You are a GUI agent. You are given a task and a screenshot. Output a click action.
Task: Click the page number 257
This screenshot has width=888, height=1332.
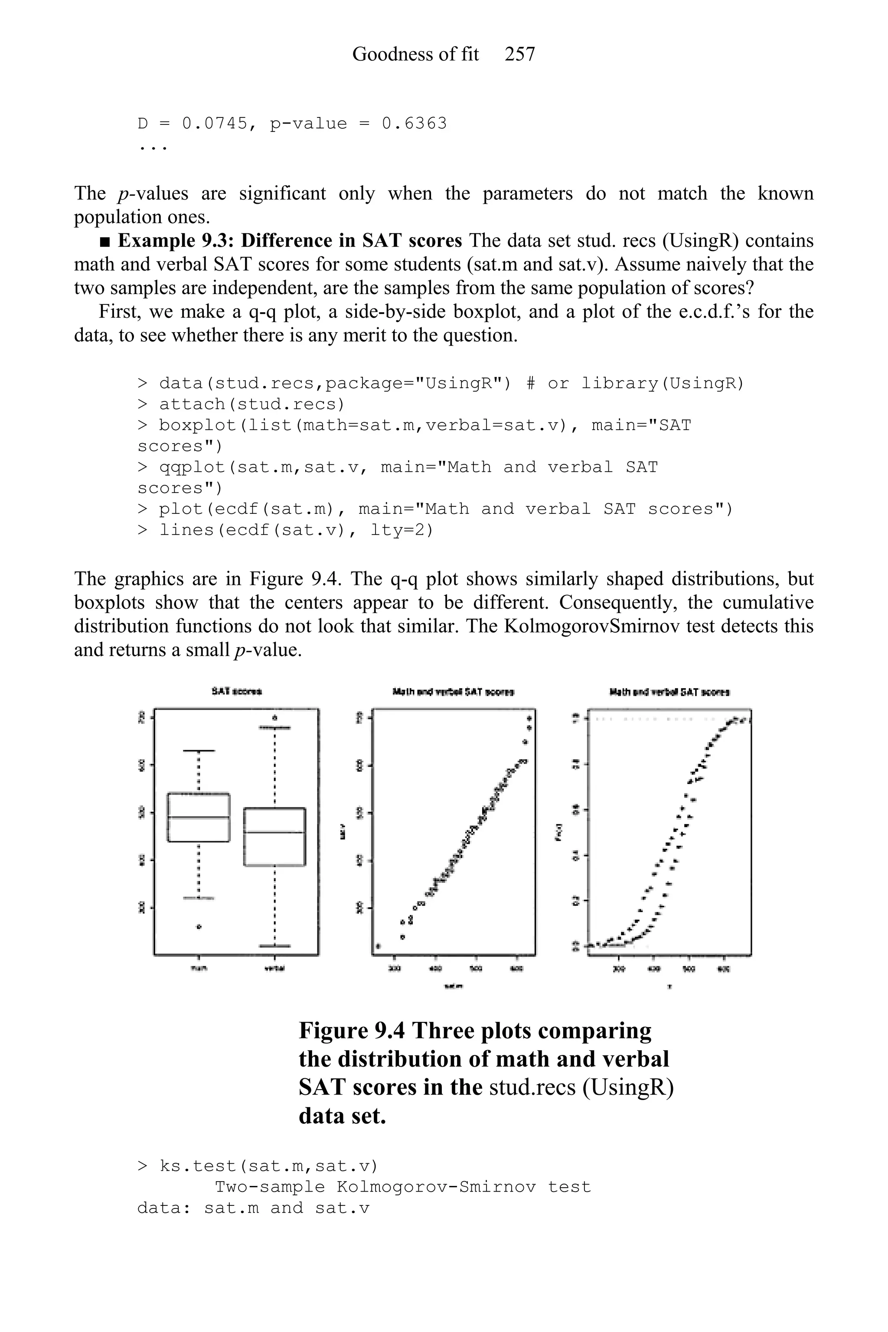(519, 54)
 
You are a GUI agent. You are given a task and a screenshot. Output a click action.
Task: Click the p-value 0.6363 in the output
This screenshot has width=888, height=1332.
(414, 124)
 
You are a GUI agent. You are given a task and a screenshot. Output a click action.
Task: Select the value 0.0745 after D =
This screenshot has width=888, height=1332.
(215, 124)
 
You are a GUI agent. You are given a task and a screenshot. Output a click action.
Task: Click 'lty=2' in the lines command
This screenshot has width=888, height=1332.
(402, 530)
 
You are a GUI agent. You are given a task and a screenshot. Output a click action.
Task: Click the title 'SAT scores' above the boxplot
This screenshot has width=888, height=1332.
(236, 692)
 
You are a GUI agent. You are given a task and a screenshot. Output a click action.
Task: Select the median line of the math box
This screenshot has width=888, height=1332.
(198, 817)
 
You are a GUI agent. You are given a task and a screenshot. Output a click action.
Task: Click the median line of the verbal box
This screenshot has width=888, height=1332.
(274, 832)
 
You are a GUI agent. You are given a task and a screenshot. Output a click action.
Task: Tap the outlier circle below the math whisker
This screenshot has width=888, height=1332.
(199, 927)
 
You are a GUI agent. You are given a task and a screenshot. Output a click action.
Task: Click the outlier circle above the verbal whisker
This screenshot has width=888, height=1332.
(274, 718)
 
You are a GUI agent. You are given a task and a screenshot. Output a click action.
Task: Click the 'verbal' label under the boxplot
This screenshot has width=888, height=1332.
(274, 968)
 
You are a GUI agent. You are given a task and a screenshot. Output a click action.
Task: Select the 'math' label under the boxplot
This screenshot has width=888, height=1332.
(198, 968)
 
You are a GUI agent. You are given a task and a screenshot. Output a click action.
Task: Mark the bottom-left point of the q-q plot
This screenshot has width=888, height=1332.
(378, 946)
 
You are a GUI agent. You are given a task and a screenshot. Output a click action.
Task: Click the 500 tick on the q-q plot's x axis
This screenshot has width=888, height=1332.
(476, 968)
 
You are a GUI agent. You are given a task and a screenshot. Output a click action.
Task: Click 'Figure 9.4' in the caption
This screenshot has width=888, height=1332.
(351, 1031)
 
